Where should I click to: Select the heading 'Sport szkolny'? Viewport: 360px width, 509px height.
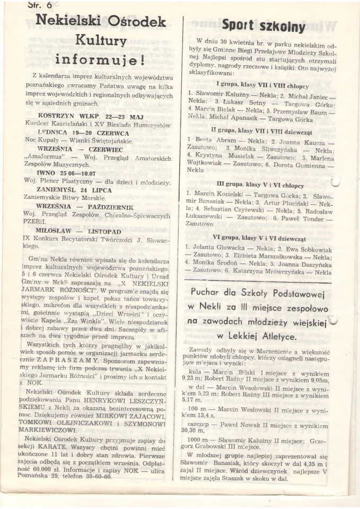pos(263,26)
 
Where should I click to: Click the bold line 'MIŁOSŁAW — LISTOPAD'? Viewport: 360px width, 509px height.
pos(78,232)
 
